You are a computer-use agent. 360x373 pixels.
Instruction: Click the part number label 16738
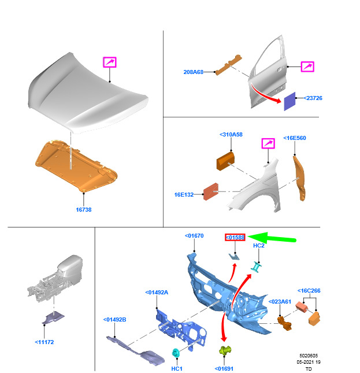coord(84,209)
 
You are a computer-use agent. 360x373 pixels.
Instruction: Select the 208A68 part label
coord(194,72)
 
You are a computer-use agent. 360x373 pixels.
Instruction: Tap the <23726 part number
coord(313,98)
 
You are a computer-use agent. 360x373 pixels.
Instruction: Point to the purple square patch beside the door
coord(290,101)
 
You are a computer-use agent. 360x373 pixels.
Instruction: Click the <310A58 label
coord(231,134)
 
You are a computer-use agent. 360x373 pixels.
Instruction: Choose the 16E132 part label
coord(184,194)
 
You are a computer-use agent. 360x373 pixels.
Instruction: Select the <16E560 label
coord(295,138)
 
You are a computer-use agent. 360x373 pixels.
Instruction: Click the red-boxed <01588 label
coord(235,238)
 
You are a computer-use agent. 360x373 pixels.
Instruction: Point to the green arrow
coord(272,238)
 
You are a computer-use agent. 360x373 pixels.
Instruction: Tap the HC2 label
coord(259,246)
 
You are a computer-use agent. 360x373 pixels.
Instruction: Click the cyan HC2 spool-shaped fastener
coord(257,267)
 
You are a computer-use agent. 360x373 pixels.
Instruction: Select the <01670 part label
coord(194,236)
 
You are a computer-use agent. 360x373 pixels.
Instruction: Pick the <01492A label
coord(157,293)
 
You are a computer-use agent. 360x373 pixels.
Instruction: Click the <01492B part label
coord(114,320)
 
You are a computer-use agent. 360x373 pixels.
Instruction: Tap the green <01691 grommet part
coord(225,350)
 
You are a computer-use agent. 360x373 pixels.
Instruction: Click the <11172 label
coord(44,342)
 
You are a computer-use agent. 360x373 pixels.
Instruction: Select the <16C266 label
coord(309,291)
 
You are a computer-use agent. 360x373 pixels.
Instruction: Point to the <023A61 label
coord(280,302)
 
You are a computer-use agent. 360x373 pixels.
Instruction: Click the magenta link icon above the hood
coord(110,62)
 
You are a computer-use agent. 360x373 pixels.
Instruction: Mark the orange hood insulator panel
coord(76,166)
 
